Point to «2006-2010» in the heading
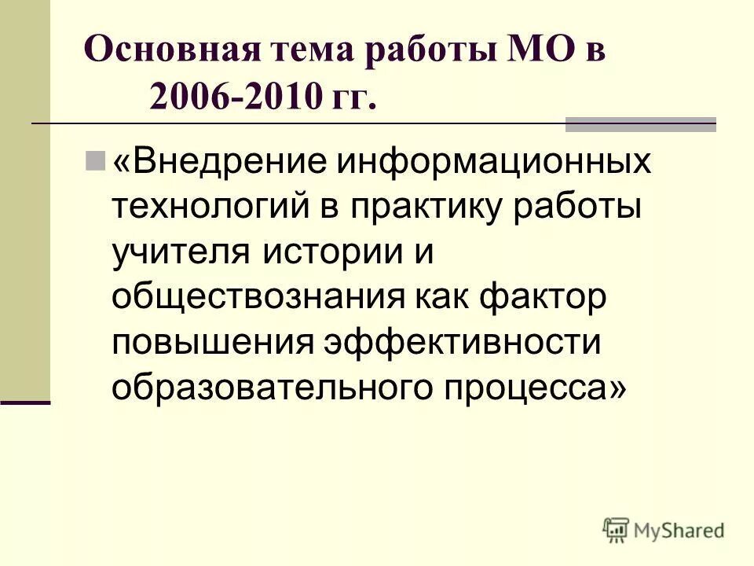coord(234,97)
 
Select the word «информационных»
coord(495,164)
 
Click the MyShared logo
coord(664,531)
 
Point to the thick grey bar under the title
coord(641,124)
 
